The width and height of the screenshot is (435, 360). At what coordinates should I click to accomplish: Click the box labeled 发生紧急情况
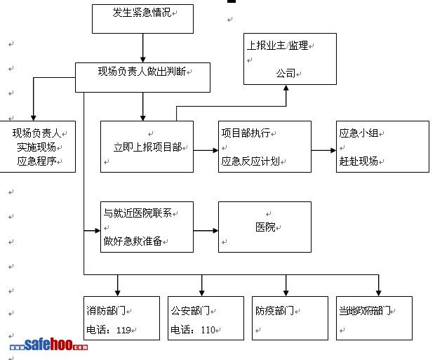pyautogui.click(x=142, y=19)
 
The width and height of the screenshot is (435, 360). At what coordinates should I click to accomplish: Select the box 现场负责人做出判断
pyautogui.click(x=142, y=77)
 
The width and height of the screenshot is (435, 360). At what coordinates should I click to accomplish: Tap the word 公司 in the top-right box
pyautogui.click(x=286, y=73)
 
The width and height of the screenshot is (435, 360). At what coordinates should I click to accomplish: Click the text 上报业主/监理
pyautogui.click(x=278, y=46)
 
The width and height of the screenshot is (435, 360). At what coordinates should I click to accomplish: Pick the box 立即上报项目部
pyautogui.click(x=147, y=147)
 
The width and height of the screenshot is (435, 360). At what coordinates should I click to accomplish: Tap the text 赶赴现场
pyautogui.click(x=358, y=161)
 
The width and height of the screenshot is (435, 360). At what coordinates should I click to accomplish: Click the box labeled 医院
pyautogui.click(x=265, y=227)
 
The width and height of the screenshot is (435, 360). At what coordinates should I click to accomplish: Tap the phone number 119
pyautogui.click(x=123, y=330)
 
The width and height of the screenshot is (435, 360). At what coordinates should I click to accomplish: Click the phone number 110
pyautogui.click(x=208, y=330)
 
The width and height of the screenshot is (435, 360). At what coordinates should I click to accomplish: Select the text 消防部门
pyautogui.click(x=105, y=310)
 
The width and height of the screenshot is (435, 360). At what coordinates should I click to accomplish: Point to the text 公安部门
pyautogui.click(x=189, y=310)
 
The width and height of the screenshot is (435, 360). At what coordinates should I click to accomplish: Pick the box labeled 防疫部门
pyautogui.click(x=290, y=318)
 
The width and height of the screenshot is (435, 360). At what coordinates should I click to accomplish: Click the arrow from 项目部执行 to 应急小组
pyautogui.click(x=323, y=150)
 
